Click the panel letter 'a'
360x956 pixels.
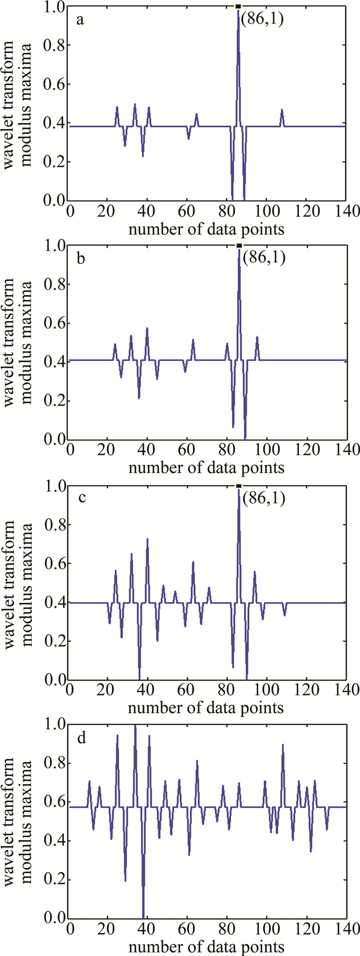tap(80, 20)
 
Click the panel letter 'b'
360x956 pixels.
tap(80, 259)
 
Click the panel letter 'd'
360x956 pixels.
tap(80, 738)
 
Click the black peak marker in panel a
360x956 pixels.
tap(238, 6)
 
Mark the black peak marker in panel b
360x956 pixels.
tap(239, 246)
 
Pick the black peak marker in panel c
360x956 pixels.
tap(238, 485)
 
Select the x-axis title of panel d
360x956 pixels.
tap(206, 947)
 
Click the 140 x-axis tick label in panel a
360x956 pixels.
tap(346, 212)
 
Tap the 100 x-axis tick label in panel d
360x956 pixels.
tap(266, 931)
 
